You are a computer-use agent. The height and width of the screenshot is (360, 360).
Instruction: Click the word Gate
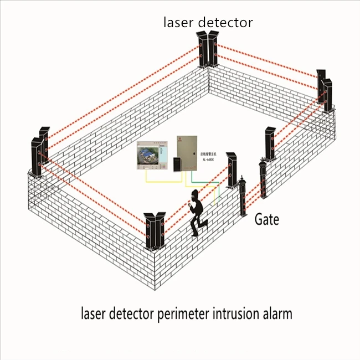tap(266, 219)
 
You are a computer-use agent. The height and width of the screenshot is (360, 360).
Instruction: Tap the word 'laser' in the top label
tap(177, 23)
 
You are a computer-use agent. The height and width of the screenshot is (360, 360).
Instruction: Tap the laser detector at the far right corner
tap(326, 91)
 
